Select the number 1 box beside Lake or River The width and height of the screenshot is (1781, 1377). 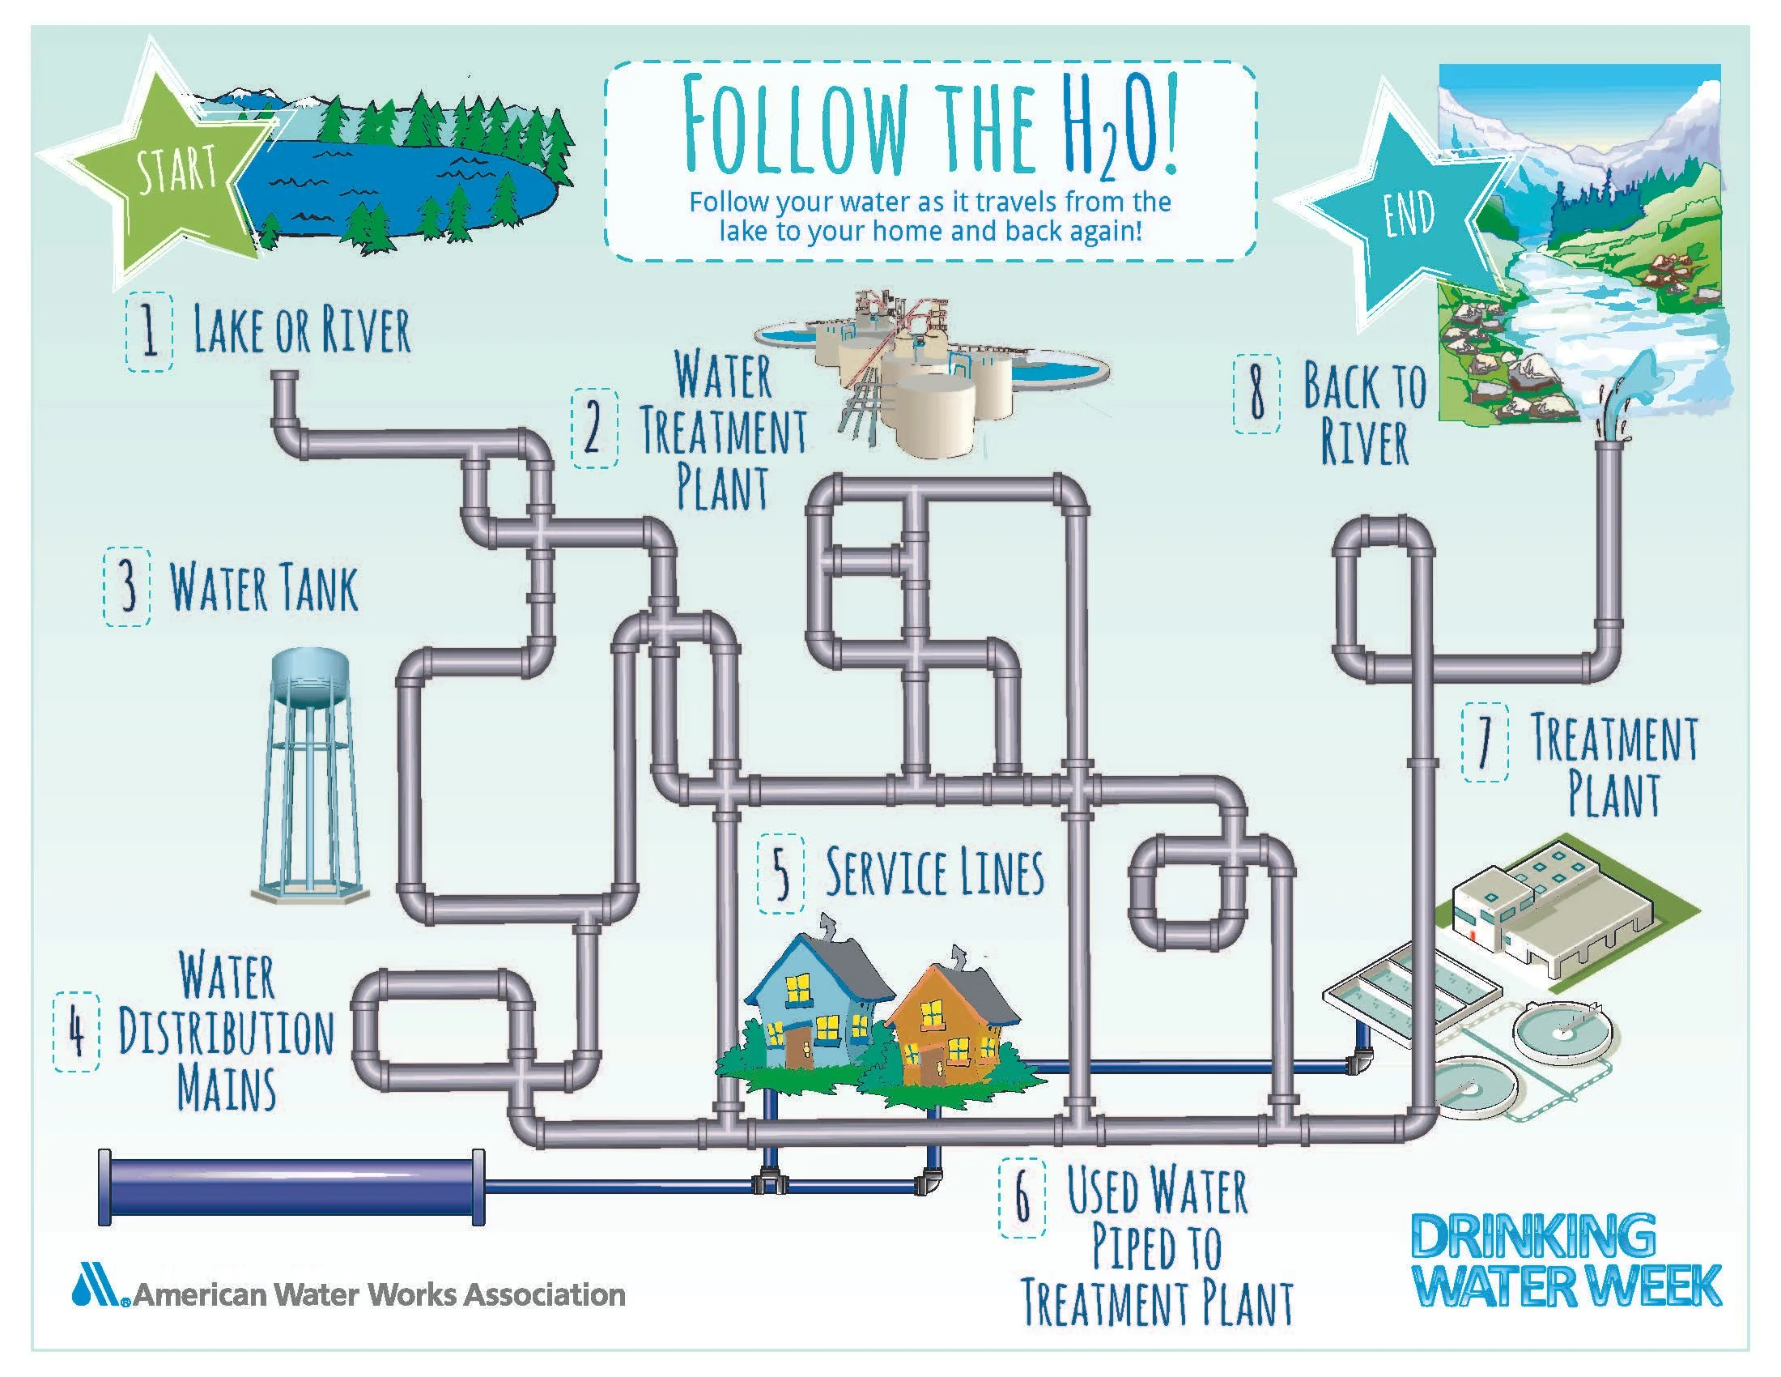click(x=149, y=332)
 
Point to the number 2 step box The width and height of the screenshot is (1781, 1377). click(x=593, y=428)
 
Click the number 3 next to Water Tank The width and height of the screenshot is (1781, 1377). click(x=127, y=586)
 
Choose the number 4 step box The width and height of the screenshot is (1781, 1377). click(x=78, y=1033)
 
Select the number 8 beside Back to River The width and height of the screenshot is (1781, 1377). click(x=1256, y=394)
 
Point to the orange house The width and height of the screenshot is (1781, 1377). click(x=950, y=1028)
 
